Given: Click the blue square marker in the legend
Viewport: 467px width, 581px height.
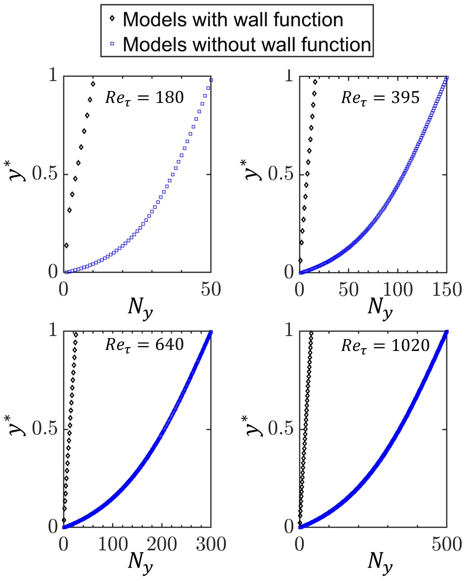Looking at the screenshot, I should (x=112, y=43).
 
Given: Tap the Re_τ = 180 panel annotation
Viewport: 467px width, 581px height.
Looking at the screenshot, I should (x=144, y=97).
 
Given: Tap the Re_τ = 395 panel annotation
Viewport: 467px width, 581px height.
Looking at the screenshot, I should (x=380, y=97).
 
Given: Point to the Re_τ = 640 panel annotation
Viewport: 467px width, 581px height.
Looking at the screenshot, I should (x=144, y=345).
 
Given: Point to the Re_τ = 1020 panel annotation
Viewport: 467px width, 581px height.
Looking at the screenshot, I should (x=385, y=345).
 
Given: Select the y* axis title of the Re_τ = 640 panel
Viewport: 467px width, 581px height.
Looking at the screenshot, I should (x=17, y=426).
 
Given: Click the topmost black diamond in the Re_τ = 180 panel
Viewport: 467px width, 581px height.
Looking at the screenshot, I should (x=93, y=84).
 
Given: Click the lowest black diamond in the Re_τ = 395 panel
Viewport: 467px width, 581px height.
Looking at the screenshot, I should (x=300, y=260).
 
